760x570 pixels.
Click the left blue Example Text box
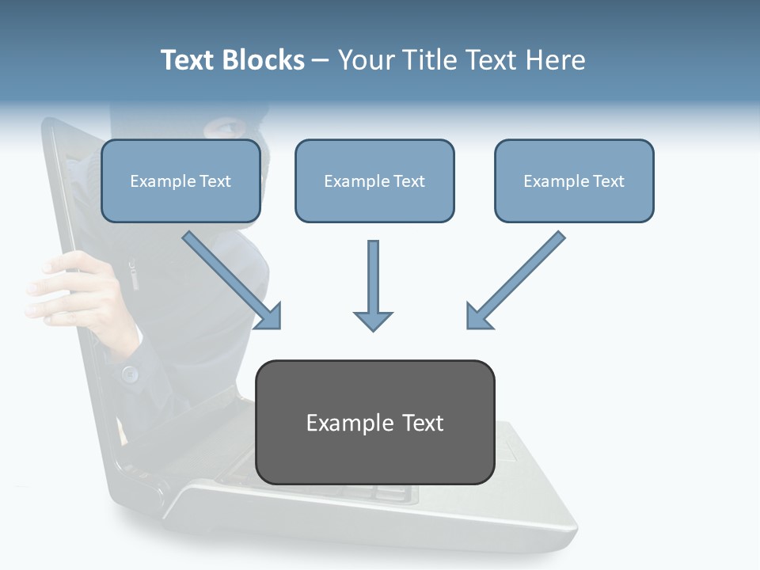click(180, 181)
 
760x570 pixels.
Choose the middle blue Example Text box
click(374, 181)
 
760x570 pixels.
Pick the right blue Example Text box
click(574, 181)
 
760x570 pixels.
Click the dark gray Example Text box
click(374, 423)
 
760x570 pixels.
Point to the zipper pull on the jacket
click(133, 276)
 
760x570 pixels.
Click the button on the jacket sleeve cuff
click(130, 372)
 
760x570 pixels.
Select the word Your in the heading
click(367, 60)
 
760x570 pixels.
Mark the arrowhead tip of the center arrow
click(373, 329)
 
